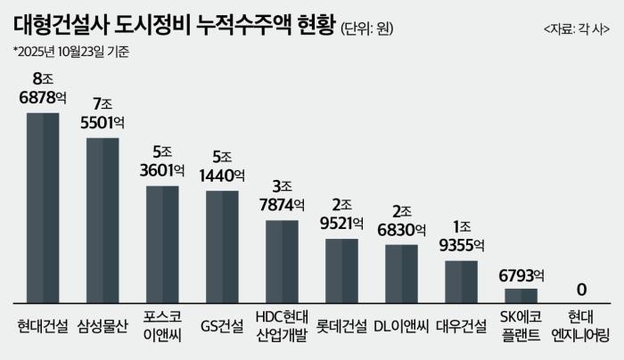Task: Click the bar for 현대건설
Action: [42, 209]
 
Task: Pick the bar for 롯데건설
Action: [341, 271]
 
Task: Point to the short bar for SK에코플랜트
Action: [521, 296]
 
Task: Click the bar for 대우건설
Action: [462, 282]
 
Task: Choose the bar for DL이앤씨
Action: [401, 274]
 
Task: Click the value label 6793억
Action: [521, 273]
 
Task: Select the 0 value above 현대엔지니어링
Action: [581, 290]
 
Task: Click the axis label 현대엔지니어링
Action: [581, 325]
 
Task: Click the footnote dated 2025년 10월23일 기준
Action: [71, 52]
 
